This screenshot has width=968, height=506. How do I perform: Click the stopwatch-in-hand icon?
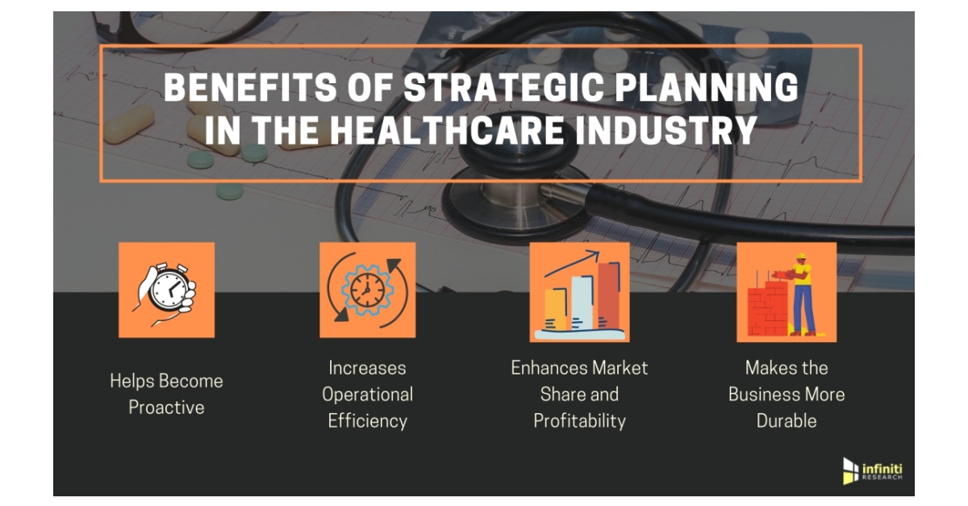[x=167, y=290]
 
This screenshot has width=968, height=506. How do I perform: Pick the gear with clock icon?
[x=368, y=290]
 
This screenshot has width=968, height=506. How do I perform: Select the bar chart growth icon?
[x=579, y=292]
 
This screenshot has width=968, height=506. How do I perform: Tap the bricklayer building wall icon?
[x=786, y=292]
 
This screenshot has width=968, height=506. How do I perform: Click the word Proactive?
[x=166, y=408]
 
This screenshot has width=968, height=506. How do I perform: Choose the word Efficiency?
[x=368, y=420]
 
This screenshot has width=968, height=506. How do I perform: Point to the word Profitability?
[x=579, y=420]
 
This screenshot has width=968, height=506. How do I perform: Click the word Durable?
[x=786, y=420]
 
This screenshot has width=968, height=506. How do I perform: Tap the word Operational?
[x=368, y=394]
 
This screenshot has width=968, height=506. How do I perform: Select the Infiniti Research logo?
[x=872, y=470]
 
